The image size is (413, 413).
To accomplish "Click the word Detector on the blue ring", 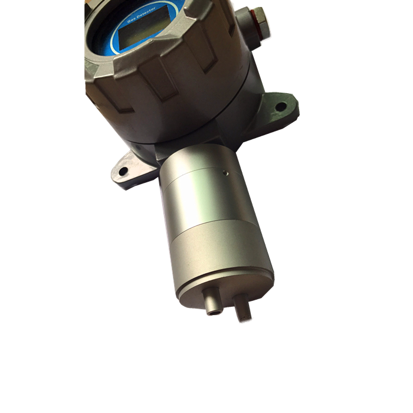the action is pyautogui.click(x=146, y=13).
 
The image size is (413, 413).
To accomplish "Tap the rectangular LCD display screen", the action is pyautogui.click(x=143, y=27).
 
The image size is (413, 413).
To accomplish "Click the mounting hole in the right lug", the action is pyautogui.click(x=281, y=106).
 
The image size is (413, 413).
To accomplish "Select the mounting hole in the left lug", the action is pyautogui.click(x=123, y=172).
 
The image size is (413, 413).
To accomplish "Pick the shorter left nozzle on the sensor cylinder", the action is pyautogui.click(x=212, y=301).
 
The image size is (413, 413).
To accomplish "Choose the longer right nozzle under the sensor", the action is pyautogui.click(x=243, y=307).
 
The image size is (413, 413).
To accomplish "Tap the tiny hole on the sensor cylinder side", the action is pyautogui.click(x=225, y=173).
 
